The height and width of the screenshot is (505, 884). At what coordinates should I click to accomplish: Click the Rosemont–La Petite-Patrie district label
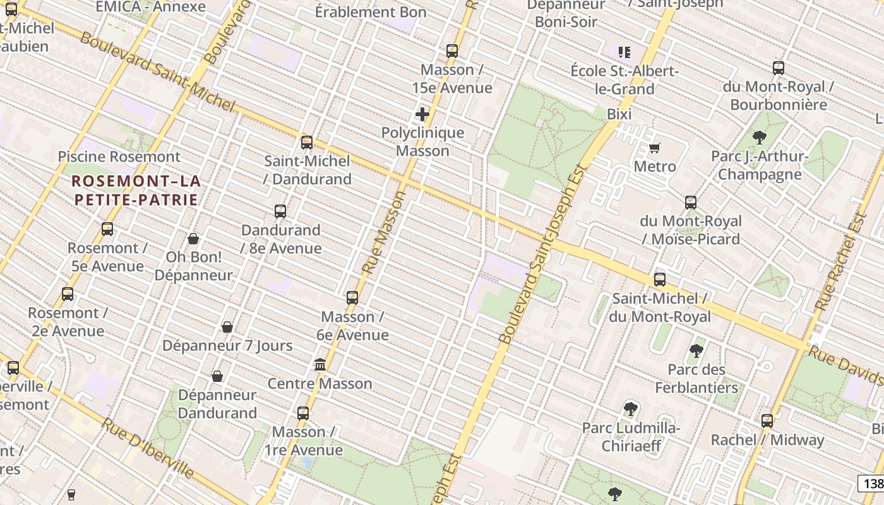(x=136, y=191)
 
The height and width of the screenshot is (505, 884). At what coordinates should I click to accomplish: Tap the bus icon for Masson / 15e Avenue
(x=452, y=51)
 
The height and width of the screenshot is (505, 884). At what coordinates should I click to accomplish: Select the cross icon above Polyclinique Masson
(x=422, y=114)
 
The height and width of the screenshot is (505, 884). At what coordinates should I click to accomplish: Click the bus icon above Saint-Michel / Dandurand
(x=307, y=143)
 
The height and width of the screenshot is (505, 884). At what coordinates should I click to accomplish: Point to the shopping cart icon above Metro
(x=655, y=148)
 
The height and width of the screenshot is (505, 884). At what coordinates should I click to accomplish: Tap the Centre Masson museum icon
(x=320, y=365)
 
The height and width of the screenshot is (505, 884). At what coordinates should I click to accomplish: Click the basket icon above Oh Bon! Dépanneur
(x=193, y=239)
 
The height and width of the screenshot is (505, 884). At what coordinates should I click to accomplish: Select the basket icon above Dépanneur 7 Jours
(x=227, y=327)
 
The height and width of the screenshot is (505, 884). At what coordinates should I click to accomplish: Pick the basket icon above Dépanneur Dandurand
(x=217, y=376)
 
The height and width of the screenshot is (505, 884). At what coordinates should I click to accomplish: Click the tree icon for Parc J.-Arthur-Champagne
(x=760, y=137)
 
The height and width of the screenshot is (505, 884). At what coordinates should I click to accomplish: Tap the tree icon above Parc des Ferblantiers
(x=696, y=350)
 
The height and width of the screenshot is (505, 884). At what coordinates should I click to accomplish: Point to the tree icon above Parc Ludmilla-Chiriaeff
(x=630, y=409)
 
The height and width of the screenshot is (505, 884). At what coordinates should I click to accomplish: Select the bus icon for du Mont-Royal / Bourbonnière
(x=779, y=68)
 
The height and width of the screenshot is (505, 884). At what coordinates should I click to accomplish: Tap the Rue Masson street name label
(x=383, y=232)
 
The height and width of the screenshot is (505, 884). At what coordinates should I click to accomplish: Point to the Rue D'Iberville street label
(x=147, y=448)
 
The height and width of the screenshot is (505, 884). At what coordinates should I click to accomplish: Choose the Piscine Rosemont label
(x=119, y=157)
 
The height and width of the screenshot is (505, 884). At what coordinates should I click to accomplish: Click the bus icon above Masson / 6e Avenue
(x=352, y=298)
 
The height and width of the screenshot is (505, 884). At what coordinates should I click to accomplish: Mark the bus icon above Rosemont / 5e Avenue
(x=107, y=229)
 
